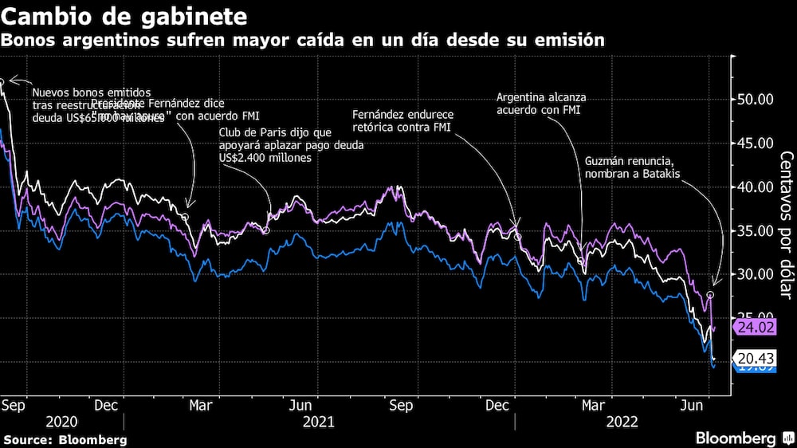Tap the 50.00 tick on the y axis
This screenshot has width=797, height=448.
(x=753, y=100)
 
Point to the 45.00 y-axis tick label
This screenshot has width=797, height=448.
(x=753, y=143)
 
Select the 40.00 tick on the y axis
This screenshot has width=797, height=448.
(x=753, y=187)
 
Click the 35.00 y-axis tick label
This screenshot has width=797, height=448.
(x=753, y=230)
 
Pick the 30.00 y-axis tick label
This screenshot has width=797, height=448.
(x=753, y=274)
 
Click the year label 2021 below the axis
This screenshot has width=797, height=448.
(x=319, y=422)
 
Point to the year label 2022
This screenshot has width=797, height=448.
(x=622, y=422)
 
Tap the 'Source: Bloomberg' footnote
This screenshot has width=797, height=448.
(x=65, y=439)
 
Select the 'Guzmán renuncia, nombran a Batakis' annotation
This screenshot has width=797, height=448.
(x=633, y=167)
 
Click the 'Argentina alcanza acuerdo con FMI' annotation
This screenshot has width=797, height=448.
(x=541, y=104)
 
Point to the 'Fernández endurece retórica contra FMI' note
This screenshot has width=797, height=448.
(x=403, y=121)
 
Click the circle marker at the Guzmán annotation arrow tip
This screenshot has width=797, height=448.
(x=710, y=295)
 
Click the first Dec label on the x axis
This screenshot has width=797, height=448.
(x=108, y=405)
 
